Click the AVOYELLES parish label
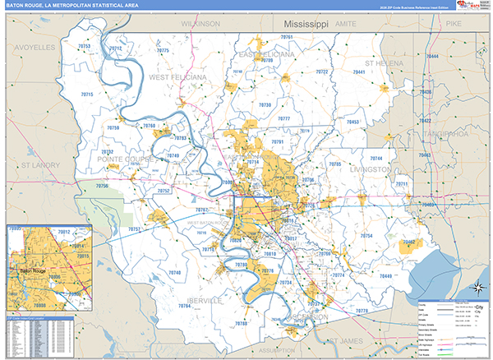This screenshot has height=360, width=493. [34, 48]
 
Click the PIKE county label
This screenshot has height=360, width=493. [454, 25]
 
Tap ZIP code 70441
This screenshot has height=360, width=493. [359, 73]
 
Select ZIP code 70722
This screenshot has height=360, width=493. [321, 72]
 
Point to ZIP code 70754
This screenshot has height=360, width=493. [366, 236]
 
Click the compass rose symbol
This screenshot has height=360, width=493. [477, 287]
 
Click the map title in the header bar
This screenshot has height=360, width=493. [73, 7]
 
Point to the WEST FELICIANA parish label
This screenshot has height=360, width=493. [175, 77]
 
